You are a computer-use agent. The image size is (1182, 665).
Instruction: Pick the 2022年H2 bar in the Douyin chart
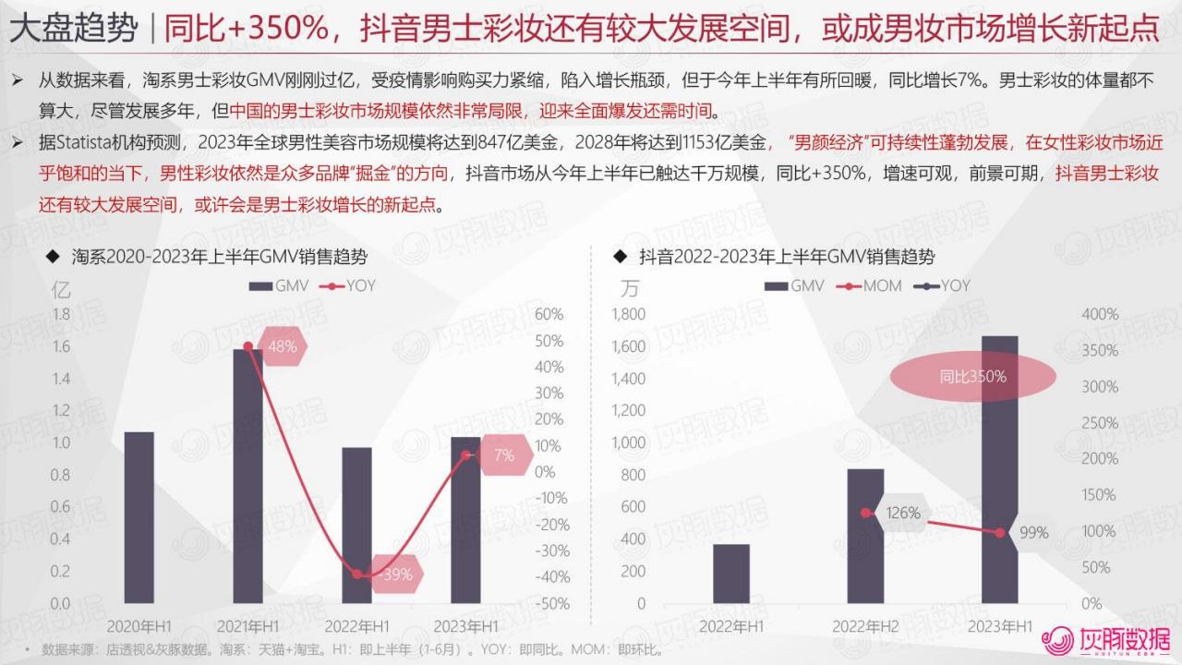pos(864,536)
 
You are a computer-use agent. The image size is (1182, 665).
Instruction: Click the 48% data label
pos(281,347)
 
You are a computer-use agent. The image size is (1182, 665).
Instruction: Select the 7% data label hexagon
pos(503,455)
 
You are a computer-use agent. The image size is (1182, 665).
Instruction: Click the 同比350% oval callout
pos(973,377)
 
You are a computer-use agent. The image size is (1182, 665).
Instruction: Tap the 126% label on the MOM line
pos(902,513)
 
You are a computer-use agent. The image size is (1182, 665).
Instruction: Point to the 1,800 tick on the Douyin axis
pos(628,315)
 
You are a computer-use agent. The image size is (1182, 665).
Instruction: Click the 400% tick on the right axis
pos(1100,315)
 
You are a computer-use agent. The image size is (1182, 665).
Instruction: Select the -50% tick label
pos(552,604)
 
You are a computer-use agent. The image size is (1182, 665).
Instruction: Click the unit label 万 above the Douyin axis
pos(630,289)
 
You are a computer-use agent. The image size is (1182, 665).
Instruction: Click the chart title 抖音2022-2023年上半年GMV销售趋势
pos(785,258)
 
